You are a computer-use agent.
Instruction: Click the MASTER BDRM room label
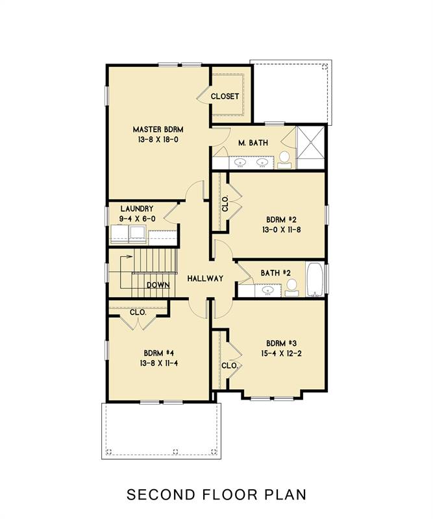(158, 128)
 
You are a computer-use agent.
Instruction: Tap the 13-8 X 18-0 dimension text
(158, 139)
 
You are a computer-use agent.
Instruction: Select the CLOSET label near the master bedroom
(225, 97)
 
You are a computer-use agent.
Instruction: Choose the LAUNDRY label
(137, 209)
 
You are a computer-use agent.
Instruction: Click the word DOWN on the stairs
(158, 285)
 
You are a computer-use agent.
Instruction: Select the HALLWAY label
(205, 278)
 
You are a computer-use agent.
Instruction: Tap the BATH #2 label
(275, 273)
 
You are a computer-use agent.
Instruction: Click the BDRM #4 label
(158, 354)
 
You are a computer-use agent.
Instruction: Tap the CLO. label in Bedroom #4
(138, 312)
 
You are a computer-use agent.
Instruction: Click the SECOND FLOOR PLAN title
(216, 495)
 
